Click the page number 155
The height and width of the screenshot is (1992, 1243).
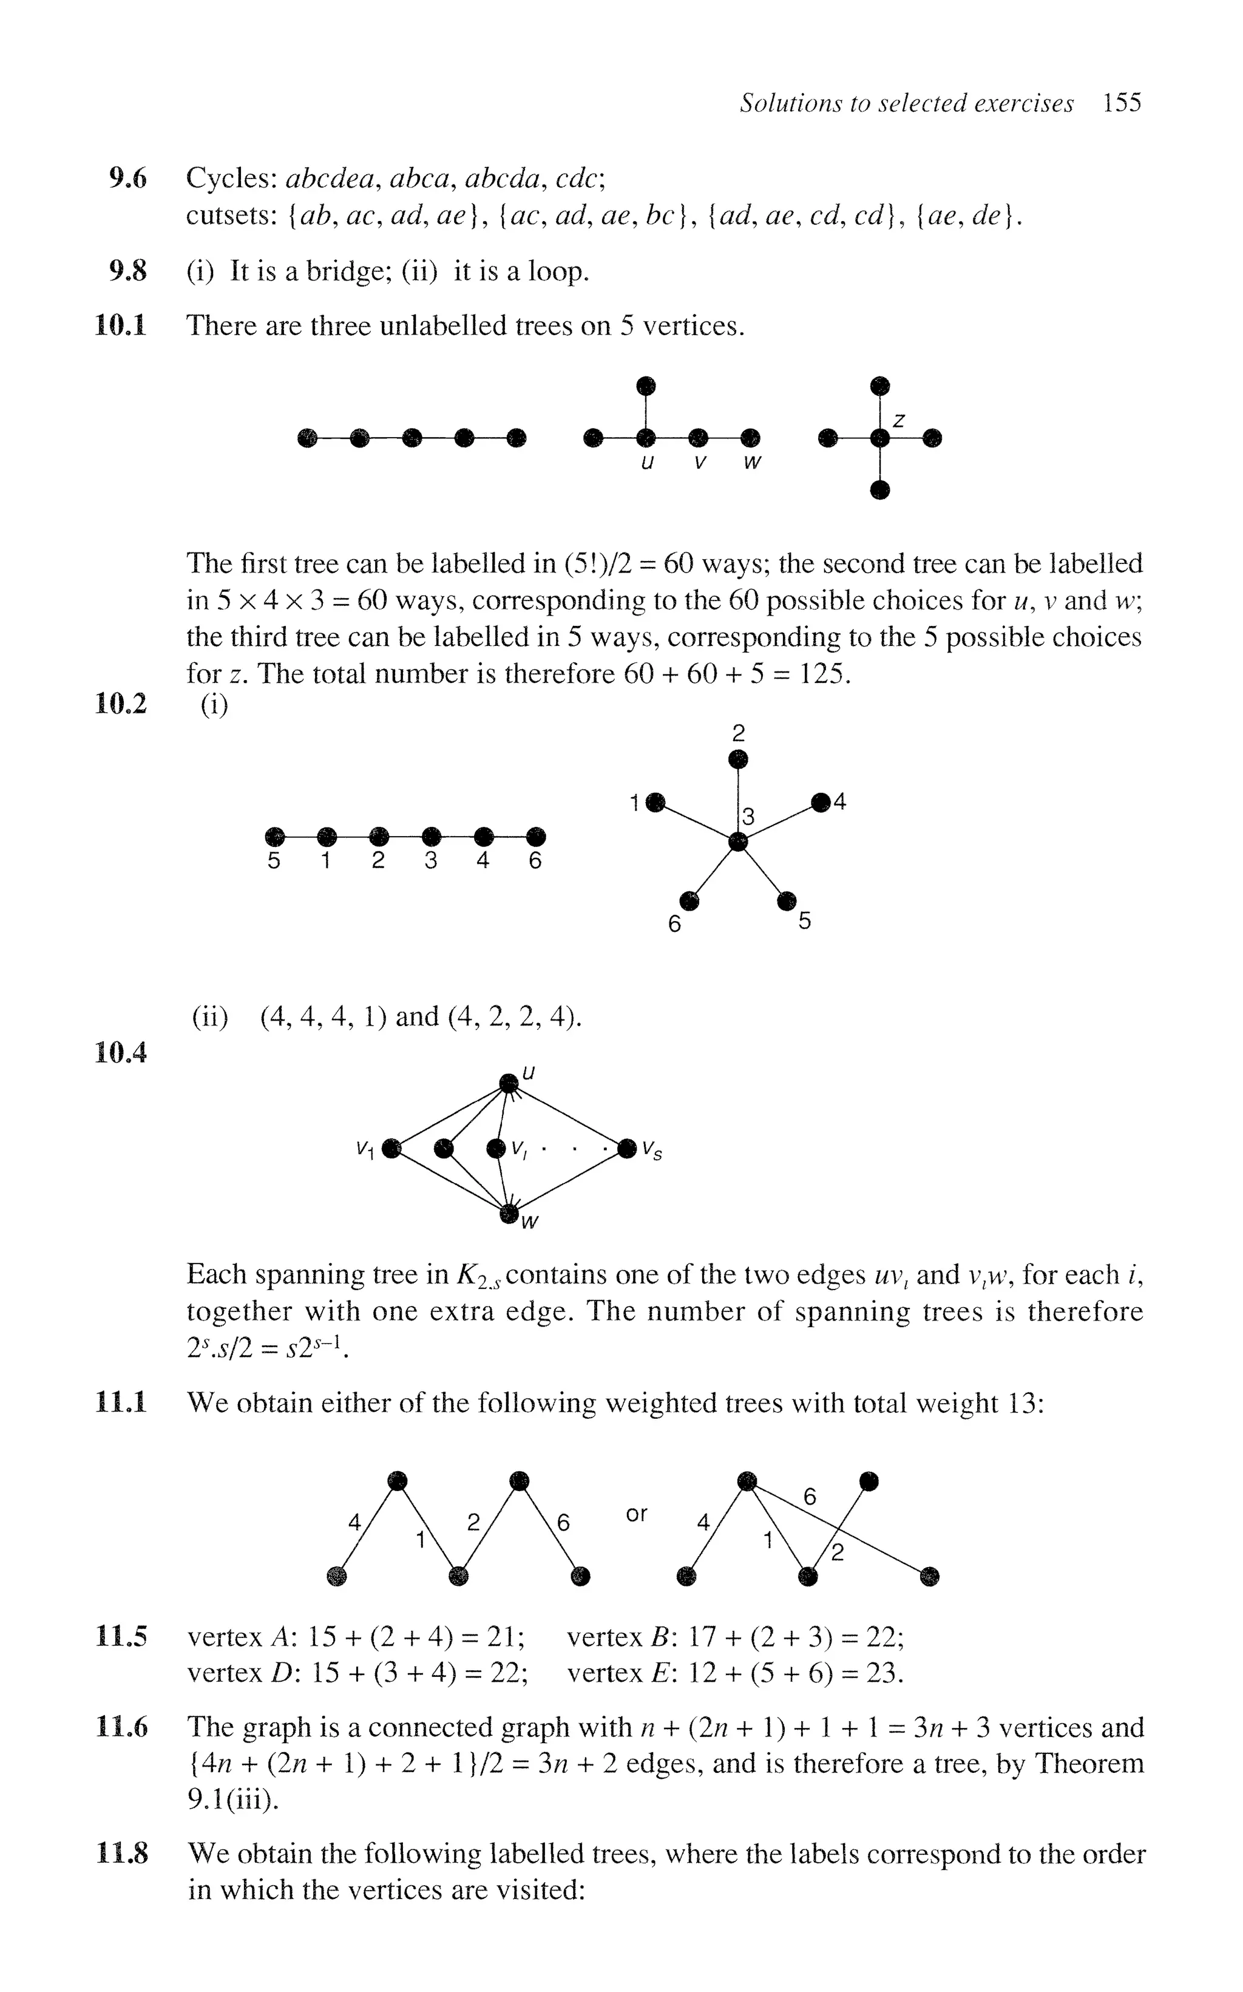(1122, 104)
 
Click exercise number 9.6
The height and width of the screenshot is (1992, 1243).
(127, 177)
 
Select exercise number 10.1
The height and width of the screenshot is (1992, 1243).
(121, 327)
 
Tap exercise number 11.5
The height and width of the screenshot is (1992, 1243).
(121, 1637)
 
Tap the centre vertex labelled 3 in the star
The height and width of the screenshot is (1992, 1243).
(738, 841)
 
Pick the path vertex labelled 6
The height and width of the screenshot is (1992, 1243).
(535, 837)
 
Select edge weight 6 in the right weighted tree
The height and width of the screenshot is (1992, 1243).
(810, 1497)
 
